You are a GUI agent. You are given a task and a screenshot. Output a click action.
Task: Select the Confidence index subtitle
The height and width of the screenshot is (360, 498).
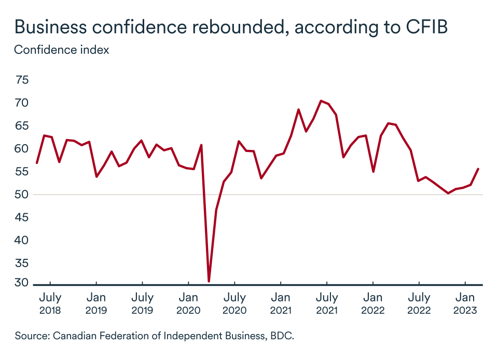click(x=61, y=50)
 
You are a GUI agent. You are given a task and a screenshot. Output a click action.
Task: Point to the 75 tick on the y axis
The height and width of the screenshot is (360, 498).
click(x=22, y=80)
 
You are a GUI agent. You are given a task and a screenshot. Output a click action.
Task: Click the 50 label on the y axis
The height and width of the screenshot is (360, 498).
click(x=22, y=195)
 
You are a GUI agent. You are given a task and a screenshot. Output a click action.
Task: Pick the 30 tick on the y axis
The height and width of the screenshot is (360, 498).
click(x=22, y=283)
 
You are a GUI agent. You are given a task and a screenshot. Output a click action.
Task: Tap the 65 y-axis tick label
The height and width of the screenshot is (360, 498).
click(x=22, y=126)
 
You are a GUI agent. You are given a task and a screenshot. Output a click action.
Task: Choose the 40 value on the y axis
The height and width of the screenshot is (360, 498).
click(x=22, y=241)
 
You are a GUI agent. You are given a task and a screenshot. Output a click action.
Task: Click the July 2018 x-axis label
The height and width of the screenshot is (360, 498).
click(x=50, y=304)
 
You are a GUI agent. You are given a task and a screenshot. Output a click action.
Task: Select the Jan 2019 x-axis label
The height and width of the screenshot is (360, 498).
click(x=96, y=304)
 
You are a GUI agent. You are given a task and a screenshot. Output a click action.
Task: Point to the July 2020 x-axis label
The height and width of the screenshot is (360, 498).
click(x=234, y=304)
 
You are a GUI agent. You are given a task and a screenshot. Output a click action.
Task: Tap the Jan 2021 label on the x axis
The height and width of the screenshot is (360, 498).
click(x=281, y=304)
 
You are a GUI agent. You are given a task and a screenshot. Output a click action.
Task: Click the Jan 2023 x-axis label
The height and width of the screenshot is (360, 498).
click(x=465, y=304)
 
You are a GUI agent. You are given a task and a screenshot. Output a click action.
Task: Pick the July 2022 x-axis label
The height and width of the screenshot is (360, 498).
click(x=419, y=304)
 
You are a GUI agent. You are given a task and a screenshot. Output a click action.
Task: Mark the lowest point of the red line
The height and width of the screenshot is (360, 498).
click(x=209, y=281)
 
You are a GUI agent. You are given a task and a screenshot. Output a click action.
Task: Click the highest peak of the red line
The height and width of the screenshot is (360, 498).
click(x=321, y=101)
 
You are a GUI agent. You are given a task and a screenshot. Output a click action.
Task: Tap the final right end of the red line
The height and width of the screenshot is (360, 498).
click(x=478, y=169)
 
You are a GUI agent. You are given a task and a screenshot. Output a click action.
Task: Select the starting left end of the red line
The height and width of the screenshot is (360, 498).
click(x=36, y=163)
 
